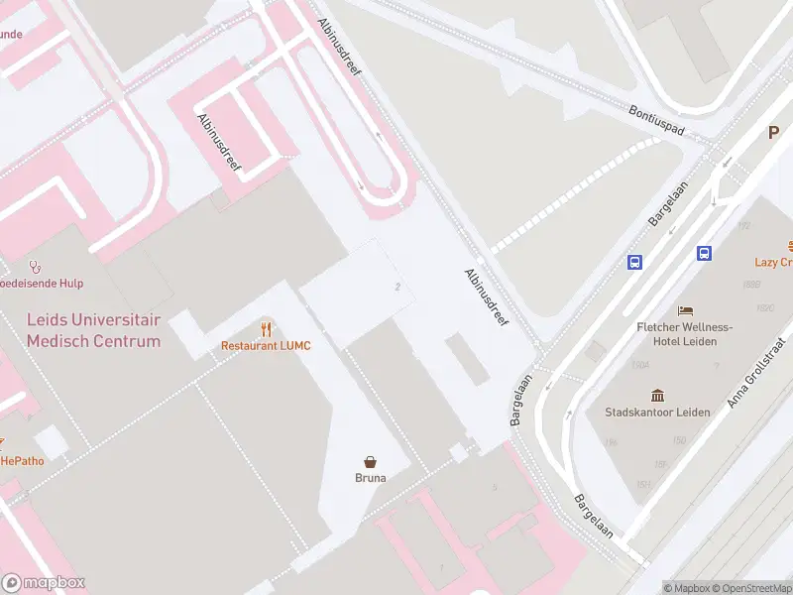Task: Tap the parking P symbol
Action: click(x=774, y=133)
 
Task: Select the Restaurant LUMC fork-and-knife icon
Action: click(x=266, y=328)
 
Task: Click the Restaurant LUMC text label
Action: click(x=266, y=345)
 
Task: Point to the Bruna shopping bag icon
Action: click(x=371, y=461)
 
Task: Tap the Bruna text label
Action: click(x=371, y=477)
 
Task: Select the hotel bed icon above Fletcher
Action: click(x=684, y=310)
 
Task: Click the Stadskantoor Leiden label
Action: click(x=657, y=412)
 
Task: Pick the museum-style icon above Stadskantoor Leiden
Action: click(x=657, y=395)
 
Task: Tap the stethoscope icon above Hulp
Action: click(x=36, y=266)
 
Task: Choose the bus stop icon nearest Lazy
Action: click(x=705, y=253)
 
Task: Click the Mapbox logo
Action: click(x=44, y=583)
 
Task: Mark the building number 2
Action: click(x=397, y=287)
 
